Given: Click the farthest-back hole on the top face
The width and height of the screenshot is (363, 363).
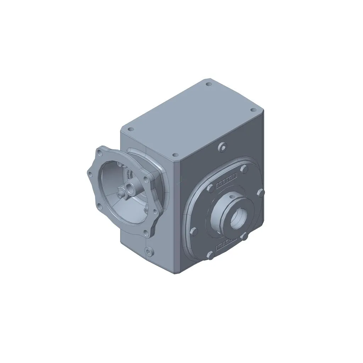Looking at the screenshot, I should pyautogui.click(x=209, y=84).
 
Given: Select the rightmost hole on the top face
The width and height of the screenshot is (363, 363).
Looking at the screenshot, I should pyautogui.click(x=253, y=110).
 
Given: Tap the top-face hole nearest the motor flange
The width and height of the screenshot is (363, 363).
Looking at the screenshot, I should pyautogui.click(x=130, y=129).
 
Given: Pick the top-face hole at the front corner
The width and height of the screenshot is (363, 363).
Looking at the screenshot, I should pyautogui.click(x=174, y=155).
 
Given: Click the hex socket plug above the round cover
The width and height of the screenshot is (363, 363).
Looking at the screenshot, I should pyautogui.click(x=222, y=147).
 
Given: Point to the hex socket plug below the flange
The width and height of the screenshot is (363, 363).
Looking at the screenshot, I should pyautogui.click(x=149, y=251).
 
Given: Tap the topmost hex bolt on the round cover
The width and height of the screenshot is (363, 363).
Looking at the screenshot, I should pyautogui.click(x=244, y=169).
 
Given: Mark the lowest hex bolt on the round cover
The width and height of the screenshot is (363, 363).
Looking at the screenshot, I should pyautogui.click(x=210, y=254).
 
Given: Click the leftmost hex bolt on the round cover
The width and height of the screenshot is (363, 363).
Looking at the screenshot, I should pyautogui.click(x=193, y=231).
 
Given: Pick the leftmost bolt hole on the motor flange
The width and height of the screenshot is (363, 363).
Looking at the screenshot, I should pyautogui.click(x=90, y=174).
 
